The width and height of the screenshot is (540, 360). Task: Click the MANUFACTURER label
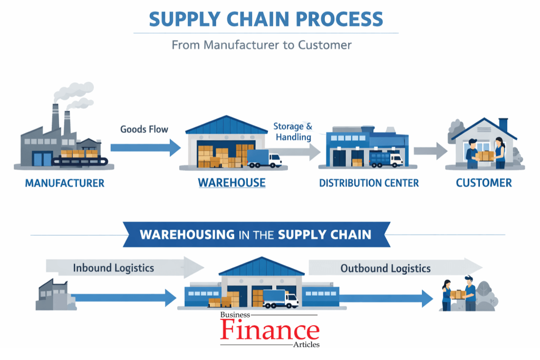pos(65,183)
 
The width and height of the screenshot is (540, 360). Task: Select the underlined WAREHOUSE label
pos(232,183)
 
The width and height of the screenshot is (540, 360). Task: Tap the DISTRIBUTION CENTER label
pos(369,183)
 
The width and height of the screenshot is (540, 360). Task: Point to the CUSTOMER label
pos(484,183)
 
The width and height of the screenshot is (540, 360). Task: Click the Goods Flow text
pos(144,129)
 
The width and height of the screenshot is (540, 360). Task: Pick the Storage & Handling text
pos(292,132)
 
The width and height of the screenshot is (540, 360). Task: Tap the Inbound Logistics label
pos(113,268)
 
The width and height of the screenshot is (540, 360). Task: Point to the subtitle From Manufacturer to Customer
pos(262,45)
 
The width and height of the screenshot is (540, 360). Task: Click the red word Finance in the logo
pos(269,330)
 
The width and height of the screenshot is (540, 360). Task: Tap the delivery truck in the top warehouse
pos(264,158)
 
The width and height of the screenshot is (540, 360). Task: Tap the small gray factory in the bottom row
pos(52,295)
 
